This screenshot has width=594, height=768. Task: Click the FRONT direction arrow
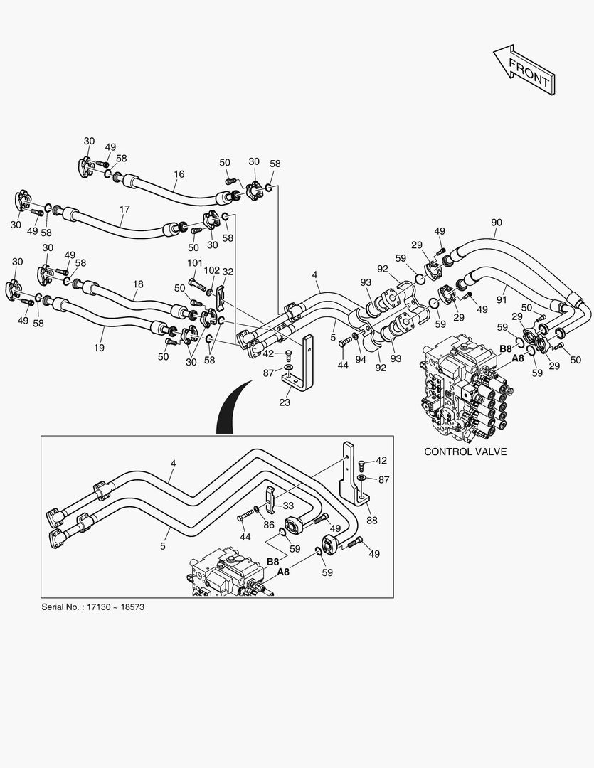tap(524, 70)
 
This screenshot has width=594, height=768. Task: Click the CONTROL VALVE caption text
tap(465, 452)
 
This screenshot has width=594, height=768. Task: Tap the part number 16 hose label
tap(179, 174)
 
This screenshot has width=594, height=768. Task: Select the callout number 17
tap(124, 209)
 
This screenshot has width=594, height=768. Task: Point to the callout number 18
tap(138, 284)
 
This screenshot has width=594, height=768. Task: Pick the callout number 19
tap(99, 348)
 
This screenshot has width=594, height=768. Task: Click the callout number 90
tap(497, 223)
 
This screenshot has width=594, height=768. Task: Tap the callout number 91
tap(502, 299)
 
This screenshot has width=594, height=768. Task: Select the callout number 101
tap(195, 264)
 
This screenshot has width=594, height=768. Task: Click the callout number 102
tap(212, 270)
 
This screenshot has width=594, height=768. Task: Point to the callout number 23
tap(285, 402)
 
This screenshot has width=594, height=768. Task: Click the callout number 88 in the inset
tap(372, 520)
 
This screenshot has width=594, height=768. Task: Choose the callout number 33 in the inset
tap(288, 505)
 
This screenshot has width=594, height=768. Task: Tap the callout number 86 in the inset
tap(269, 525)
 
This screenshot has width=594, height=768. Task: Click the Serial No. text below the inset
tap(92, 607)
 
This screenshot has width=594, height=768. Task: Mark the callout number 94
tap(361, 360)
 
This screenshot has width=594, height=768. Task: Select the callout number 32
tap(228, 272)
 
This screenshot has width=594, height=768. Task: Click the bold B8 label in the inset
tap(273, 562)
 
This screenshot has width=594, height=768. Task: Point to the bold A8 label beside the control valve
tap(518, 358)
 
